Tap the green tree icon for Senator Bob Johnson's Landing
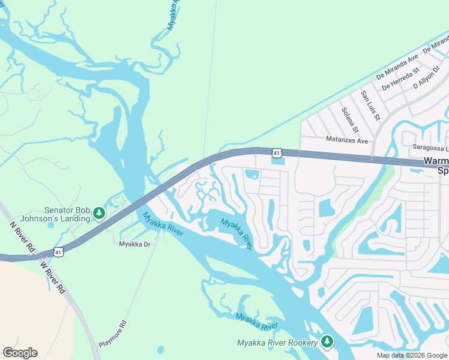pyautogui.click(x=99, y=213)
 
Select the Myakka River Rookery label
pyautogui.click(x=277, y=343)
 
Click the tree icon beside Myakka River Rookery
pyautogui.click(x=327, y=341)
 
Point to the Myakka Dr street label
pyautogui.click(x=134, y=244)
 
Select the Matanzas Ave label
pyautogui.click(x=346, y=140)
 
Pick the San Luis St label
pyautogui.click(x=370, y=105)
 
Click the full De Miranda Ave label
pyautogui.click(x=397, y=67)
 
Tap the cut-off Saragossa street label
pyautogui.click(x=430, y=148)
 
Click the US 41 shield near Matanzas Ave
pyautogui.click(x=276, y=154)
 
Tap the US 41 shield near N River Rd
pyautogui.click(x=58, y=252)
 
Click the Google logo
pyautogui.click(x=20, y=353)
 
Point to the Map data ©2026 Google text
pyautogui.click(x=412, y=355)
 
